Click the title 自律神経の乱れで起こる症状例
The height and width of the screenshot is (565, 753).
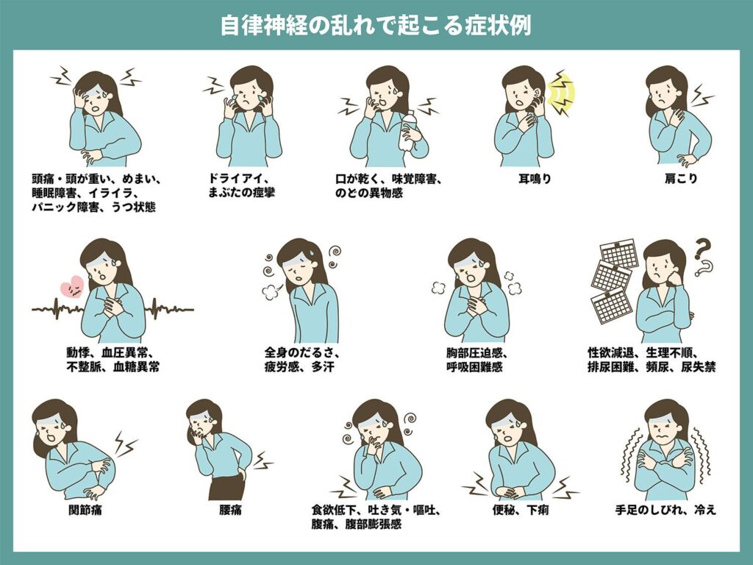(x=376, y=25)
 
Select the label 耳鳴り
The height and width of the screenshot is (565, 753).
(x=535, y=179)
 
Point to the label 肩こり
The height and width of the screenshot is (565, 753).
(x=680, y=179)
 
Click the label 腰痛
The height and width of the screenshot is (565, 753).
(x=230, y=510)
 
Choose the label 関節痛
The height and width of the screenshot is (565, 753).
(x=85, y=510)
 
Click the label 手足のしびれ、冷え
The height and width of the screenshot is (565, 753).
(x=665, y=510)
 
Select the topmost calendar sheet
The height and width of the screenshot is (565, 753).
(x=619, y=254)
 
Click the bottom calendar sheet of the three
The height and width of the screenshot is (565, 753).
(x=610, y=305)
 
